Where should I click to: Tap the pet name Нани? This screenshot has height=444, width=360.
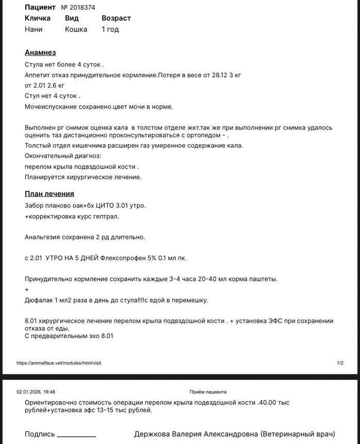coord(33,29)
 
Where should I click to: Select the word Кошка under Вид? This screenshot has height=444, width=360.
coord(76,29)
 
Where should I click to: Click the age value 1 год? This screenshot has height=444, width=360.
coord(110,29)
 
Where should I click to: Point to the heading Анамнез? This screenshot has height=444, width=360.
coord(40,52)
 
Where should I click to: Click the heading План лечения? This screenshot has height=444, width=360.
coord(49,194)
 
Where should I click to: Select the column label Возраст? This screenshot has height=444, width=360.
coord(116,18)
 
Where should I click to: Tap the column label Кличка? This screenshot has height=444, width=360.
coord(38,18)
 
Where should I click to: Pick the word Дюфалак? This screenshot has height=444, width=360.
coord(39,300)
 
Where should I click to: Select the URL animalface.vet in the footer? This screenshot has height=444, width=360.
coord(59,363)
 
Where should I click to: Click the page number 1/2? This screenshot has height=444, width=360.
coord(340,363)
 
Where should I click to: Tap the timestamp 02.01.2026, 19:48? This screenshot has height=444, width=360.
coord(36,392)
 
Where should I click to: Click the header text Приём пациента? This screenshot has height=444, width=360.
coord(208,392)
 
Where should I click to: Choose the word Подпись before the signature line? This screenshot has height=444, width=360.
coord(39,434)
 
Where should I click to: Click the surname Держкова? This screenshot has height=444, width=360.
coord(153,434)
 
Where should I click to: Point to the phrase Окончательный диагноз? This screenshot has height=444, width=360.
coord(63,156)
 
